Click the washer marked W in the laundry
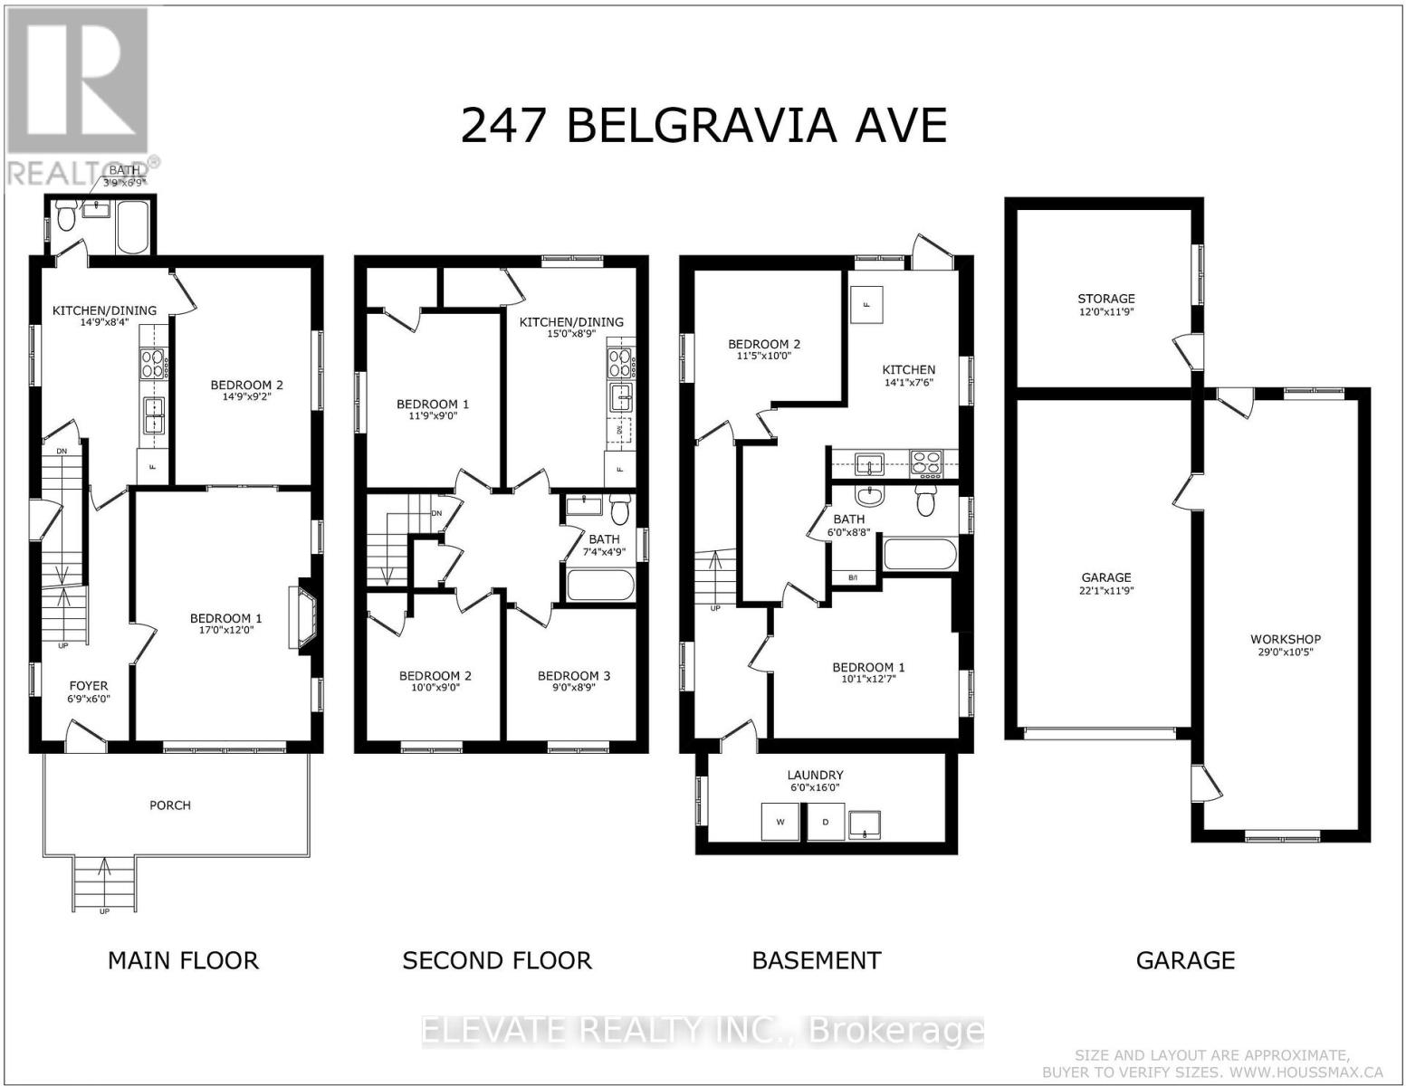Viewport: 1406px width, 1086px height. pos(780,822)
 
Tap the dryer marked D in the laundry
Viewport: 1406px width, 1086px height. pos(826,822)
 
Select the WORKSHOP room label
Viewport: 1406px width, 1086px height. pos(1285,639)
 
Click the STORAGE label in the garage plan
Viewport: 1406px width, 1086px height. pos(1105,298)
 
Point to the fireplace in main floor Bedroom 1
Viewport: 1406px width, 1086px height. pos(301,617)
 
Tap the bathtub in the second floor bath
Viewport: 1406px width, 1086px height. pos(600,584)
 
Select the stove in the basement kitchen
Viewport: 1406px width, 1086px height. pos(925,464)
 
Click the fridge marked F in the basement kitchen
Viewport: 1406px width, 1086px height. pos(866,304)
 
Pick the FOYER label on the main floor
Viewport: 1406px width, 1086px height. pos(89,686)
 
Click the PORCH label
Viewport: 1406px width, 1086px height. pos(169,805)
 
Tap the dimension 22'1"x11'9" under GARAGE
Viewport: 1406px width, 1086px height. pos(1106,591)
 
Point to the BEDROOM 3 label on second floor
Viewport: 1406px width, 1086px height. pos(574,676)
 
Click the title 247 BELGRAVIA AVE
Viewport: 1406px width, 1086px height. pos(703,126)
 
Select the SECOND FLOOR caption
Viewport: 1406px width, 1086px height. pos(497,960)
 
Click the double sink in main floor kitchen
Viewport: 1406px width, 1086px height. pos(154,414)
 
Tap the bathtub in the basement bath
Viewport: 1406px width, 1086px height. pos(920,555)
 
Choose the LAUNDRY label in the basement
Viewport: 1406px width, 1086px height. pos(815,775)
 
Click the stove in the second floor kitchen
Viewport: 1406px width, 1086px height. pos(618,363)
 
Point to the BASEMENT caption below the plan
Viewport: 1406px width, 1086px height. pos(817,960)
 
